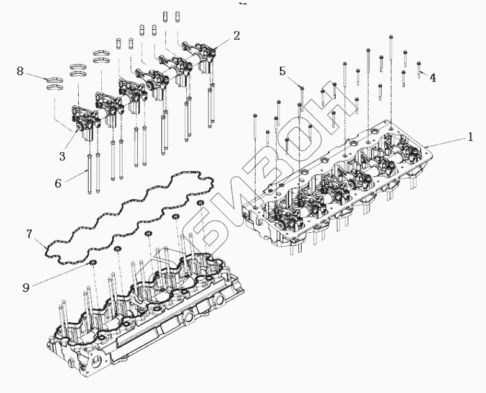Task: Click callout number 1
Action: tap(471, 135)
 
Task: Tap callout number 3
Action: tap(63, 156)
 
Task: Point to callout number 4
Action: tap(433, 78)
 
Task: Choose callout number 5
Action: tap(282, 71)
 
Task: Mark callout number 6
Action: tap(57, 183)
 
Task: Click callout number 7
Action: tap(29, 234)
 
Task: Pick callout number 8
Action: tap(20, 72)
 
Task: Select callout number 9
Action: tap(25, 287)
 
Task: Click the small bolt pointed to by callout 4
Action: tap(419, 66)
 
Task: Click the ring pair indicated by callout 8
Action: tap(56, 83)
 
